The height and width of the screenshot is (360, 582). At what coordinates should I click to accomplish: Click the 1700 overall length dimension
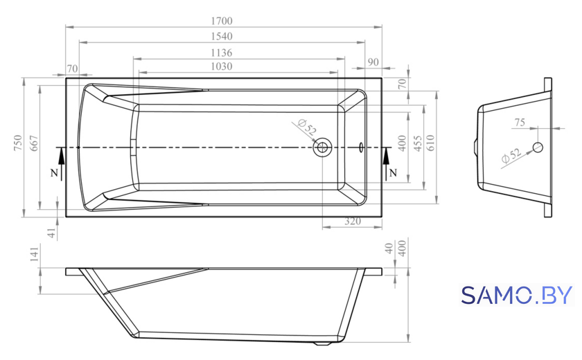coord(222,21)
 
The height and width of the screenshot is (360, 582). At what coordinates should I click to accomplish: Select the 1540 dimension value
coord(222,36)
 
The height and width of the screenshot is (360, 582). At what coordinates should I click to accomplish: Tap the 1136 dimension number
coord(222,53)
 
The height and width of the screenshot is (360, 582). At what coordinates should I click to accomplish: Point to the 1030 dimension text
coord(222,66)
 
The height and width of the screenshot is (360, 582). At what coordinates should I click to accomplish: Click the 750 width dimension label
coord(18,143)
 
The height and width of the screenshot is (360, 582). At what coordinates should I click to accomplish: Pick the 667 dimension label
coord(34,143)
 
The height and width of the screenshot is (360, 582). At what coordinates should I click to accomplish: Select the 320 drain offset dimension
coord(353,222)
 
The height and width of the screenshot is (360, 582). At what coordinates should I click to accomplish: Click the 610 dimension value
coord(430,143)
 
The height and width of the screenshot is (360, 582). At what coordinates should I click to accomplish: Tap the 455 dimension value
coord(418,143)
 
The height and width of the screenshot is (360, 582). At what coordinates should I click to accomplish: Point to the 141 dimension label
coord(34,254)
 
